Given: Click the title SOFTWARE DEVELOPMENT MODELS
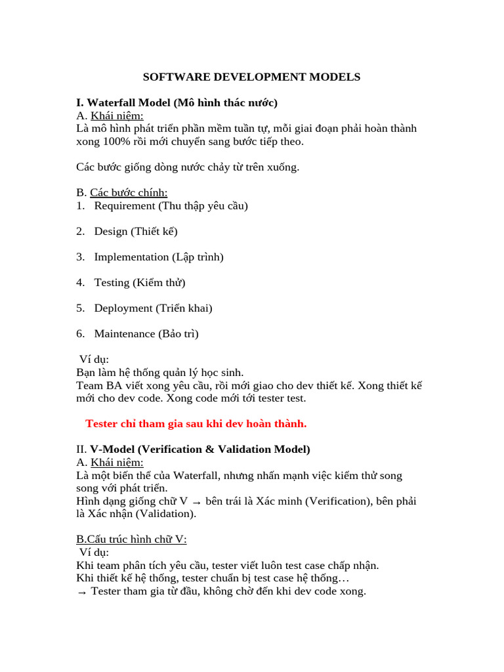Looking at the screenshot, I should [252, 77].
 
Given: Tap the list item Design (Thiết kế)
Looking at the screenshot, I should [136, 231].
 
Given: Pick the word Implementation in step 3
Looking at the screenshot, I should [131, 257].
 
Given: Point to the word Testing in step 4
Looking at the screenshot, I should [112, 282].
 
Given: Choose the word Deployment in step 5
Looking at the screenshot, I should [123, 308].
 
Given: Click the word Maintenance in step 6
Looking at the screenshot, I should [125, 333].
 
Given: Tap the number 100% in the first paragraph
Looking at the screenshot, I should [114, 141].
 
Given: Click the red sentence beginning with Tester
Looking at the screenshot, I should [196, 423].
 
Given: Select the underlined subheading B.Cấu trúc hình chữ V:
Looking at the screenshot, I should [131, 539].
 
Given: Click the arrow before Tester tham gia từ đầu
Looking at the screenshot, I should [81, 591].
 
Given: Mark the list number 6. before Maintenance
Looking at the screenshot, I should [80, 333].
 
